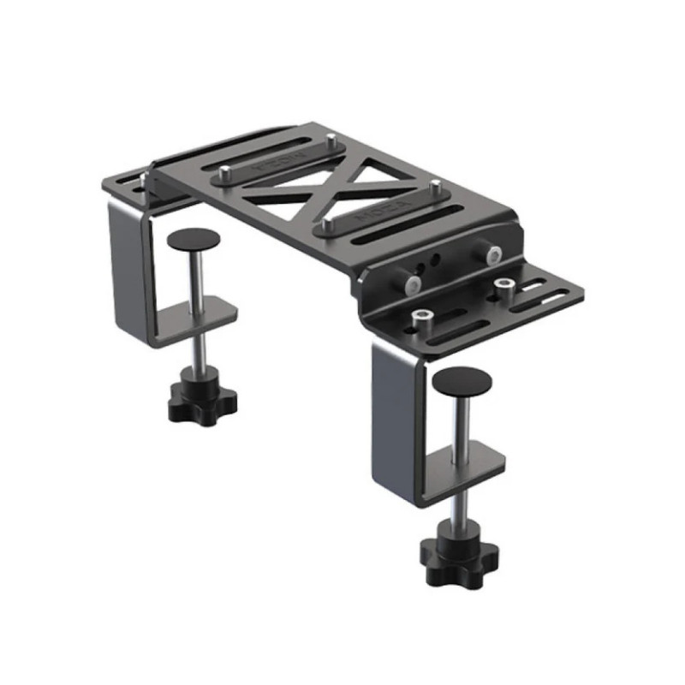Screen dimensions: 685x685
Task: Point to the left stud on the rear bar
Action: pyautogui.click(x=223, y=175)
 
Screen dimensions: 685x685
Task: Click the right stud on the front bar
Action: pyautogui.click(x=435, y=187)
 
